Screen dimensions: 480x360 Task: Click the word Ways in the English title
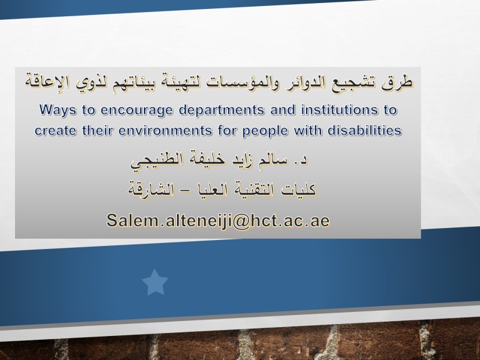58,110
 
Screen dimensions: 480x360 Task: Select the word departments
221,110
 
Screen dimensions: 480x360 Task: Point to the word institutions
340,110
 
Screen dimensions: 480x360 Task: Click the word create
55,131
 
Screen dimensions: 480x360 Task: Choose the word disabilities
365,130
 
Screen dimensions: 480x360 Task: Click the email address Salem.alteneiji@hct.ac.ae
218,220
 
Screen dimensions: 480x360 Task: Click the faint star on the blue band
155,283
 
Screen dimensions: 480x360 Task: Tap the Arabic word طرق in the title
397,82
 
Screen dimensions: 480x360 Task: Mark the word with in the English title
308,130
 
